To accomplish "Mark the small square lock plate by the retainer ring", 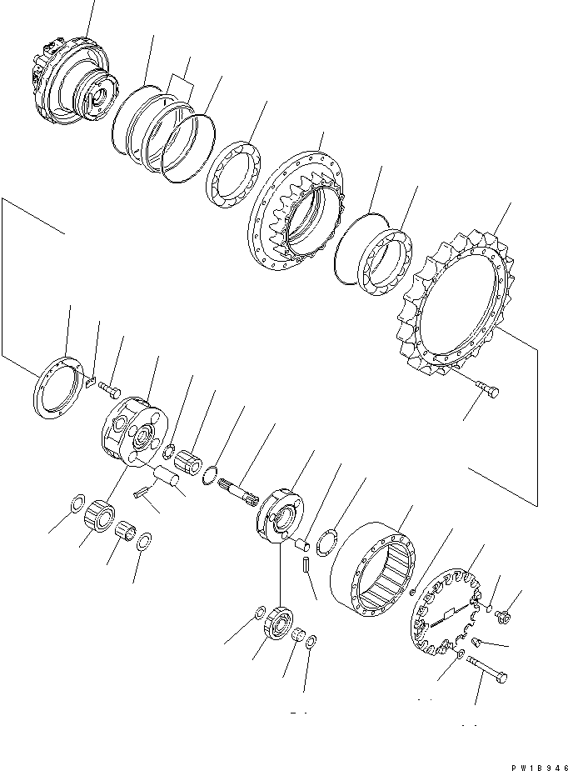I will point(91,383).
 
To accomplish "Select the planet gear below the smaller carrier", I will point(277,623).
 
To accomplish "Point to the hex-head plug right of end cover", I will point(503,616).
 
